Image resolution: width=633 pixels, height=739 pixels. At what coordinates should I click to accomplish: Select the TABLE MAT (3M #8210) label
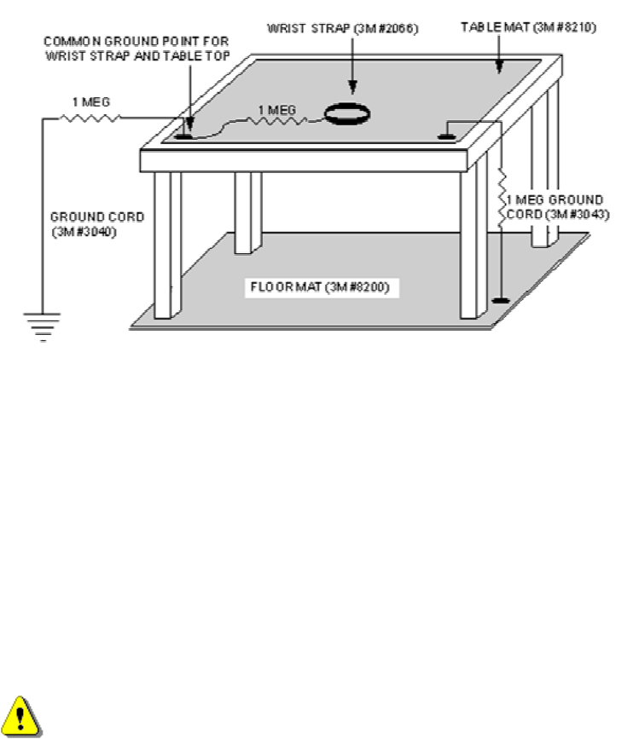528,27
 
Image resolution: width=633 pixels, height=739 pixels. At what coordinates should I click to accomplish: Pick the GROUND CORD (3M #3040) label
85,223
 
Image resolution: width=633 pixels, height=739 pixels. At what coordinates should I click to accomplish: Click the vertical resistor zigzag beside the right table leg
502,198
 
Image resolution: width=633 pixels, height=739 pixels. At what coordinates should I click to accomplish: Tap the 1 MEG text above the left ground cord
90,101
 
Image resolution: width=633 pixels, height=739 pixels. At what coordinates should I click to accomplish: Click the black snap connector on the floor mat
502,302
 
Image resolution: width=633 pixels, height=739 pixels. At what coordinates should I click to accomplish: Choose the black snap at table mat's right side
444,134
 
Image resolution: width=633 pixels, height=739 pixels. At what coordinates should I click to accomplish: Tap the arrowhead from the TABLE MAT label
500,66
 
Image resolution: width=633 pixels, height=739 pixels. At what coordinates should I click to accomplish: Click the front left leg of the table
167,243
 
